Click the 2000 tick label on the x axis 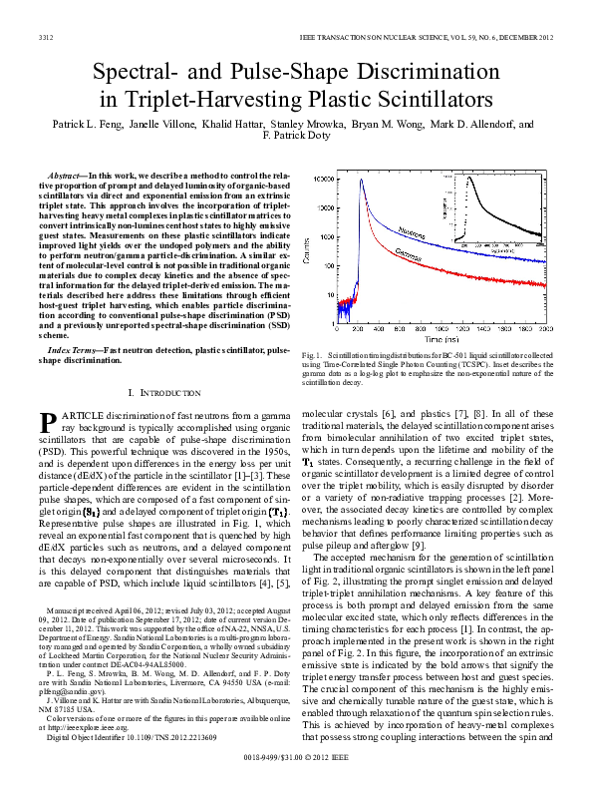pyautogui.click(x=546, y=329)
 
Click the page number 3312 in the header pyautogui.click(x=46, y=37)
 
